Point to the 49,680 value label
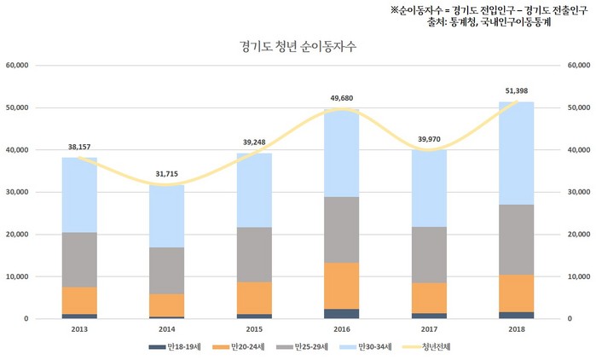coord(342,98)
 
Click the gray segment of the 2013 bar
coord(79,259)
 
